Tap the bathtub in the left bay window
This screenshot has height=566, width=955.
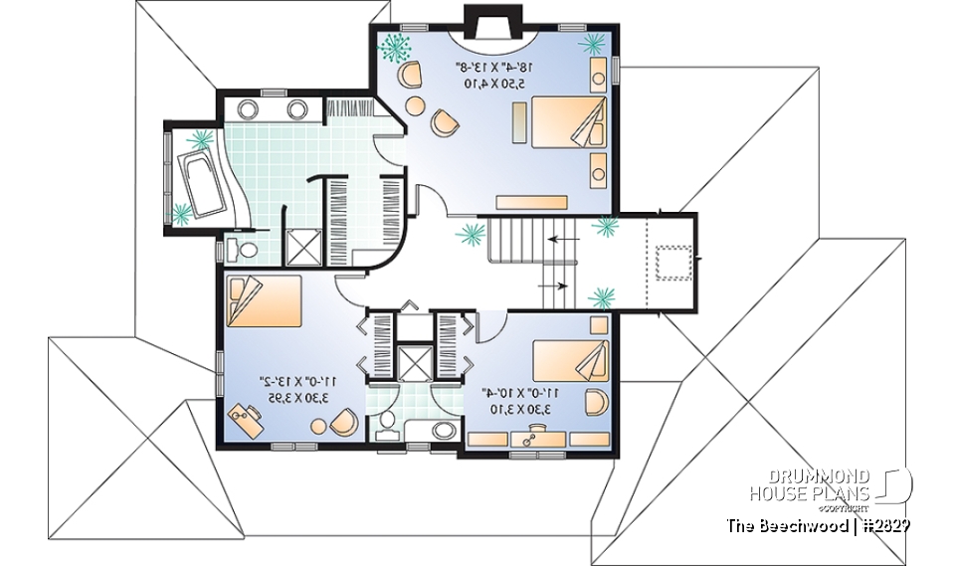pyautogui.click(x=202, y=183)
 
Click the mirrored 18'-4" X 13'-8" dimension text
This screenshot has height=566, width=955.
pyautogui.click(x=495, y=68)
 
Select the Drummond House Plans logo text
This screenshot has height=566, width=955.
pyautogui.click(x=810, y=485)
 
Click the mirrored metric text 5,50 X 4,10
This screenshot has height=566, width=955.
pyautogui.click(x=495, y=85)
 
